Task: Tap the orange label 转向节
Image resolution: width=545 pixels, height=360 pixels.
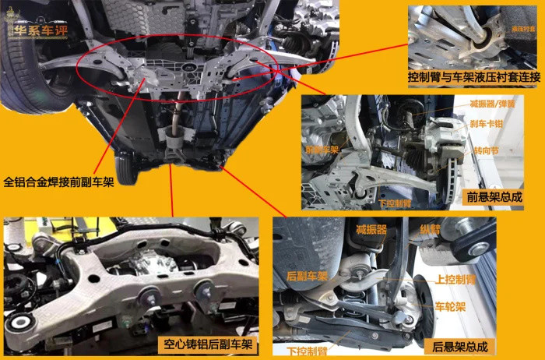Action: (481, 149)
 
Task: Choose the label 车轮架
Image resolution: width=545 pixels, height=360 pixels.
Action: (449, 306)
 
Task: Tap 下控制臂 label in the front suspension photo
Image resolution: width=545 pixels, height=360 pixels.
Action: (396, 200)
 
